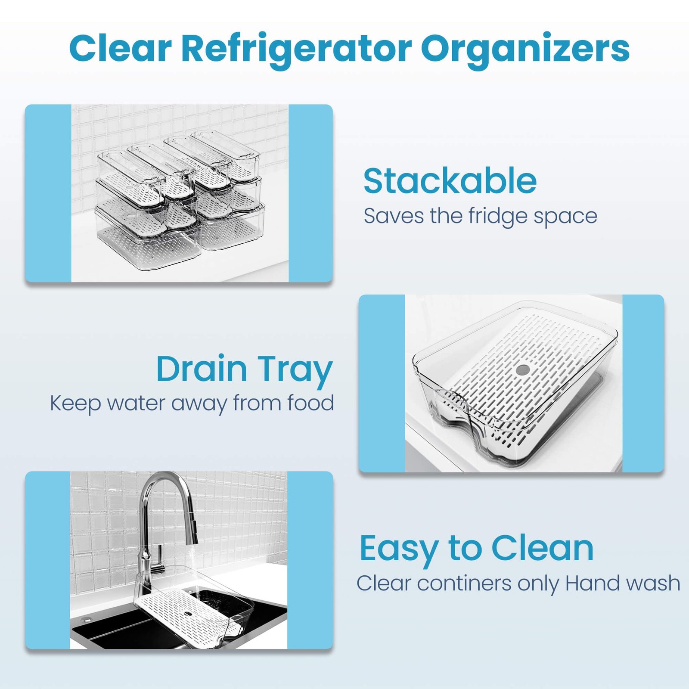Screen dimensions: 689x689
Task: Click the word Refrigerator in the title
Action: point(296,48)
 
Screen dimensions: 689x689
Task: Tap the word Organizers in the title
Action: point(525,48)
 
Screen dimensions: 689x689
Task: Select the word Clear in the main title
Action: point(120,48)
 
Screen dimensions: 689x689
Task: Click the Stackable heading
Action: point(450,181)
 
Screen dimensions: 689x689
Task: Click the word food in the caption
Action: point(310,403)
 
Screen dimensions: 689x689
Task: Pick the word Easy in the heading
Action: point(398,549)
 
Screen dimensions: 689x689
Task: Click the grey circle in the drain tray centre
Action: point(523,369)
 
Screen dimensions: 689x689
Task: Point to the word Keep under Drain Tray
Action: point(75,404)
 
